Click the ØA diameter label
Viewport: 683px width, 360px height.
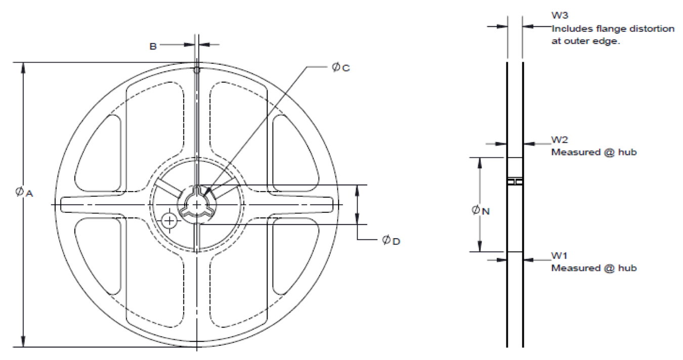point(23,192)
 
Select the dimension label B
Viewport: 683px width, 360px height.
point(153,47)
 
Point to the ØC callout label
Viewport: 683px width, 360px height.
point(340,67)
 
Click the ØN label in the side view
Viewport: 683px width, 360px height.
point(480,210)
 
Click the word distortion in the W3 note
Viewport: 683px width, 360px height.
point(653,29)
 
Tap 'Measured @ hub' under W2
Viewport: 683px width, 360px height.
point(593,152)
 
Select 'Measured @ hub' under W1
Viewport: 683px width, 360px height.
point(593,268)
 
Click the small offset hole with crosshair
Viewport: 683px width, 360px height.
point(169,220)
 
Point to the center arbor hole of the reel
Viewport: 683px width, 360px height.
point(196,204)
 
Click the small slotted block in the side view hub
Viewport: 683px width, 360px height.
point(515,181)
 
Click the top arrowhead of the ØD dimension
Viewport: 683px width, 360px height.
point(358,189)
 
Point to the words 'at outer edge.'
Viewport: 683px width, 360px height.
point(585,41)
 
